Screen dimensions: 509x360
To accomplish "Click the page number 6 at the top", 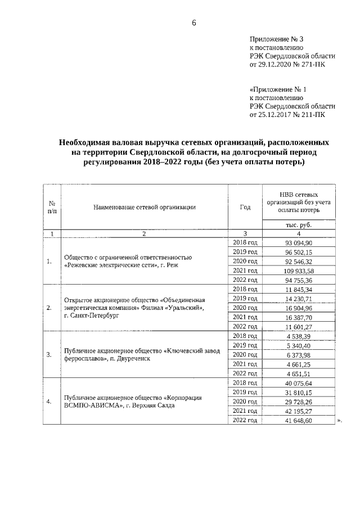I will [194, 22].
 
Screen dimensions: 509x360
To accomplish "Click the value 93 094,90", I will [299, 242].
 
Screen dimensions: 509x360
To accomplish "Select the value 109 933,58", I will [299, 271].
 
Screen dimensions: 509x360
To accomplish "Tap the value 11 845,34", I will [299, 289].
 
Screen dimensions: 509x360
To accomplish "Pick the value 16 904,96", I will [299, 308].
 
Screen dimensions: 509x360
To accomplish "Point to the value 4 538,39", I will [299, 336].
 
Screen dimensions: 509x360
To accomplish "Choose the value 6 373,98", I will [299, 354].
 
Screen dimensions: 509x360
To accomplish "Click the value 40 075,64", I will [299, 382].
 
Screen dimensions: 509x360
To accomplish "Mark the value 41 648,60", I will [299, 420].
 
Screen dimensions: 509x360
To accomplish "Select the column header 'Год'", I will [245, 206].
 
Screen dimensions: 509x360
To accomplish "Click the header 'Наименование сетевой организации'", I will [145, 206].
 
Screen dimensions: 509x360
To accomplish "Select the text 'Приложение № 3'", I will [276, 39].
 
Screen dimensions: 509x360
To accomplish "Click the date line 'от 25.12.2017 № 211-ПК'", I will [287, 115].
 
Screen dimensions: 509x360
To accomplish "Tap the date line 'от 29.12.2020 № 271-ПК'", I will [287, 65].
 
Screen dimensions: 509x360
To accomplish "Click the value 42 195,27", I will [299, 411].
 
